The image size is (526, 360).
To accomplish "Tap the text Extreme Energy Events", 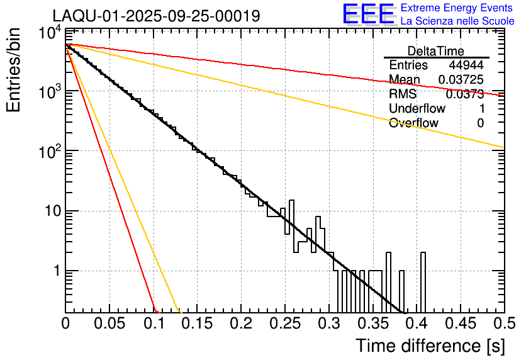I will (x=457, y=8).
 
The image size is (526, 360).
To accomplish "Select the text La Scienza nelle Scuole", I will (x=457, y=21).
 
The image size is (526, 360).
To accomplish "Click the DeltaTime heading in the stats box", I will (x=436, y=51).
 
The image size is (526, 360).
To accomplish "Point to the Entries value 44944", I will (x=466, y=65).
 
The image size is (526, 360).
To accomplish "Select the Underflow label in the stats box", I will (x=417, y=108).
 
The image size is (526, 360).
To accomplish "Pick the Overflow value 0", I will (x=480, y=123).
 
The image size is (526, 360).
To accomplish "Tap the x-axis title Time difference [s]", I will (x=430, y=346).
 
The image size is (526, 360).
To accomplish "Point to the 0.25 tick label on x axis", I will (x=284, y=324).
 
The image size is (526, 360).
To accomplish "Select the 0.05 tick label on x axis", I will (x=109, y=324).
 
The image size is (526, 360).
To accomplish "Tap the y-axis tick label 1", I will (x=55, y=271).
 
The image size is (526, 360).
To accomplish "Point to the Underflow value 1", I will (x=481, y=108).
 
